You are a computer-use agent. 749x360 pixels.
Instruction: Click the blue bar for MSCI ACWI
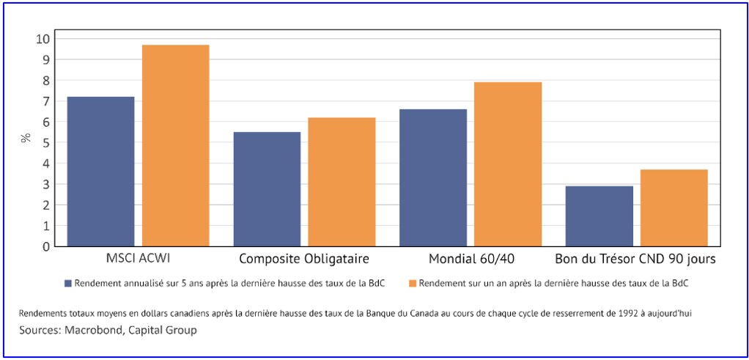click(101, 172)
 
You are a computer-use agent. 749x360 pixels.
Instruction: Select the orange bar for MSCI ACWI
click(176, 146)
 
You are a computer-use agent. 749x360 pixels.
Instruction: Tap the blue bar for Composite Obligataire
click(267, 189)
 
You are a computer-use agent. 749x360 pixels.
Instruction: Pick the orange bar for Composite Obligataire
click(342, 182)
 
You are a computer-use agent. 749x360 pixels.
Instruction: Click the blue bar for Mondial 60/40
click(433, 177)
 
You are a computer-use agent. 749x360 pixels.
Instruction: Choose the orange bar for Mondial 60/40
click(508, 164)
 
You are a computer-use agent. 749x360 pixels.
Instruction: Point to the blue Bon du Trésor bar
click(599, 216)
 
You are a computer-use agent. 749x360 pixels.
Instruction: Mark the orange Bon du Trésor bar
click(674, 207)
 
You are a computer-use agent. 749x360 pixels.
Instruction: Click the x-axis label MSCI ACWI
click(138, 259)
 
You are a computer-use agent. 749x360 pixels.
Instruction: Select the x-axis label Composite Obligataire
click(304, 259)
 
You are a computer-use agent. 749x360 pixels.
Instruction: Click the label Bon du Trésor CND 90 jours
click(635, 259)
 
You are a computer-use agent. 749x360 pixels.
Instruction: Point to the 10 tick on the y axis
click(43, 39)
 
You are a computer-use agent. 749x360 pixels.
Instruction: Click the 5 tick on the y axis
click(46, 142)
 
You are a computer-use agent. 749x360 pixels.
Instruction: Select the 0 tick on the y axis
click(46, 247)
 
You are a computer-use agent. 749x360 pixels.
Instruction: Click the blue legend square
click(67, 283)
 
